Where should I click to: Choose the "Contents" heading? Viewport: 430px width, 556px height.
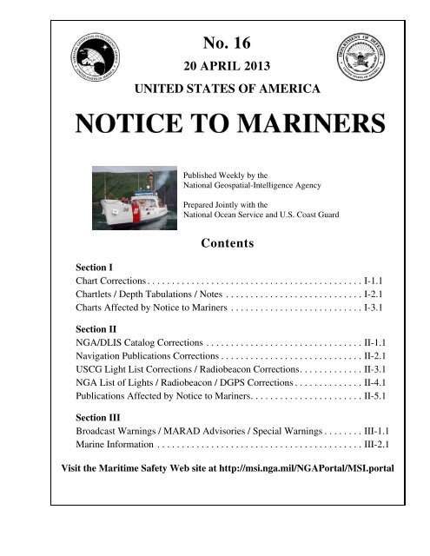[x=226, y=244]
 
